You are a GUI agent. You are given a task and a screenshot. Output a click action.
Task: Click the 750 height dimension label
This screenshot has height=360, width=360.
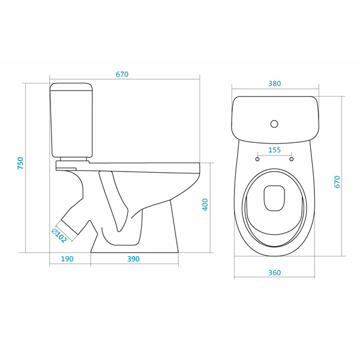tap(20, 163)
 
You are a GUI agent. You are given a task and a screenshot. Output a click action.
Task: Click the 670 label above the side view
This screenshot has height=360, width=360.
tap(122, 74)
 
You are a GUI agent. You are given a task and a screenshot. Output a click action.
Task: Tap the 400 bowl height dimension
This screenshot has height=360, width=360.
tap(205, 205)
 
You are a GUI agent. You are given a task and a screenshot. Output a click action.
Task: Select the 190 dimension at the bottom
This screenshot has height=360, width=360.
tap(67, 259)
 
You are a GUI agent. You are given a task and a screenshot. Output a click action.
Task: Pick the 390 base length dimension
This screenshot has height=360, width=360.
tap(133, 259)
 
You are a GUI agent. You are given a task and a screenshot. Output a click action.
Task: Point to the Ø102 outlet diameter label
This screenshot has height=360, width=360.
tap(59, 236)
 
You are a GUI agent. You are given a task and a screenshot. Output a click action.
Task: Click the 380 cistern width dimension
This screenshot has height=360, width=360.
tap(275, 83)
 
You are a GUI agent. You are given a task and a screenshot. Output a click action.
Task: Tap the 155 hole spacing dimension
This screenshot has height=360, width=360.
tap(275, 150)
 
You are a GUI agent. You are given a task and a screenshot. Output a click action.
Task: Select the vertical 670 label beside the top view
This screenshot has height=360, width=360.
tap(337, 182)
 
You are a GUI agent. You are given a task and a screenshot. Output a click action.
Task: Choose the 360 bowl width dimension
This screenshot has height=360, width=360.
tap(275, 272)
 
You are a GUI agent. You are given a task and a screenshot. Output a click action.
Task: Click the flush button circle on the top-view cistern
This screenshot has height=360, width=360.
tap(274, 124)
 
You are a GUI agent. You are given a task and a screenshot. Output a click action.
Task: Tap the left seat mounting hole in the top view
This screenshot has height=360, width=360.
tap(257, 159)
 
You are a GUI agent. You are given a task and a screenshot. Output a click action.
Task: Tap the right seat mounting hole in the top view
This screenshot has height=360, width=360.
tap(292, 159)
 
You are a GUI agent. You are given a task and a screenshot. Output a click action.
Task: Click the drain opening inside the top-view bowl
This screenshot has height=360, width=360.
tap(274, 198)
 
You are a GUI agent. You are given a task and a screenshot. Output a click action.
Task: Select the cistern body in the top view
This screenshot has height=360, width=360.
tap(275, 119)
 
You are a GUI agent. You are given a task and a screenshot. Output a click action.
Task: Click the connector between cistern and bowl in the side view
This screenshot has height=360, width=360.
tap(73, 159)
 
